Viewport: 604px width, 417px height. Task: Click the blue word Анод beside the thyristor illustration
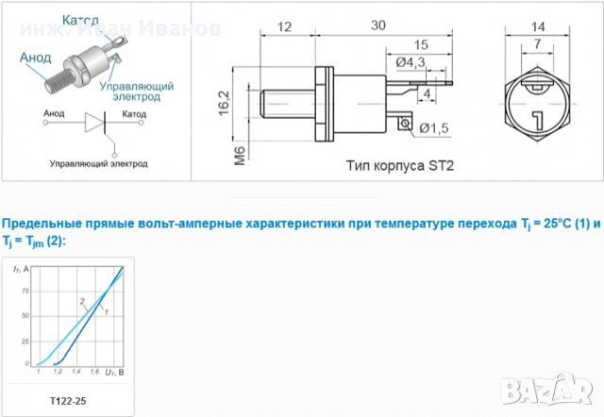[x=36, y=57]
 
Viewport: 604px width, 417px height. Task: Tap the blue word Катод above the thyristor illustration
[x=82, y=20]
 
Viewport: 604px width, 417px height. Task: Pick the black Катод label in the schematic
[x=134, y=113]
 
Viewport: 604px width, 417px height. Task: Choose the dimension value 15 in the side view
[x=422, y=44]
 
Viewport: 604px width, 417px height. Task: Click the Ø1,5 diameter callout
[x=433, y=128]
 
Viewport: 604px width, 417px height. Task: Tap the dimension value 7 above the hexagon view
[x=537, y=43]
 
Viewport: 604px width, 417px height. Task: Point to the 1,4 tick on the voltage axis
[x=75, y=373]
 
